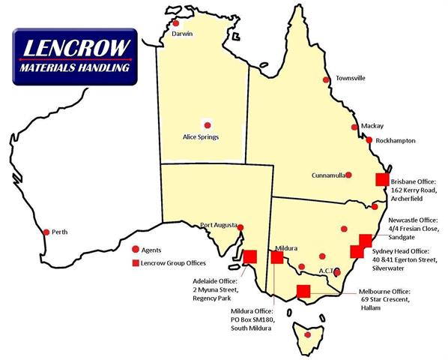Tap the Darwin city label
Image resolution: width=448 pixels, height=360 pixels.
click(x=182, y=34)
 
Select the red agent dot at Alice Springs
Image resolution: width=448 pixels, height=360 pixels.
click(x=207, y=125)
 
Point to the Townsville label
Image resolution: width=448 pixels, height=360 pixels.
click(x=350, y=78)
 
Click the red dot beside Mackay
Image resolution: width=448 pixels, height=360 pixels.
click(x=355, y=127)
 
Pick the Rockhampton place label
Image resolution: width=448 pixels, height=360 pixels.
click(x=395, y=140)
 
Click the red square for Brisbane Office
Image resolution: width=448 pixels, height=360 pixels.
click(x=383, y=179)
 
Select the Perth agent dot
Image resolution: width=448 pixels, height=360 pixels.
click(x=46, y=232)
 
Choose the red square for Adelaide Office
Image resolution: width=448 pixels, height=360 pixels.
click(x=250, y=256)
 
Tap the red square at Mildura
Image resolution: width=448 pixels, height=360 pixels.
click(x=277, y=257)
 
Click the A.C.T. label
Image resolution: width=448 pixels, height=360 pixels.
click(x=330, y=270)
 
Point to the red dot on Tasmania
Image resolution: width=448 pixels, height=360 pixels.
click(x=308, y=334)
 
